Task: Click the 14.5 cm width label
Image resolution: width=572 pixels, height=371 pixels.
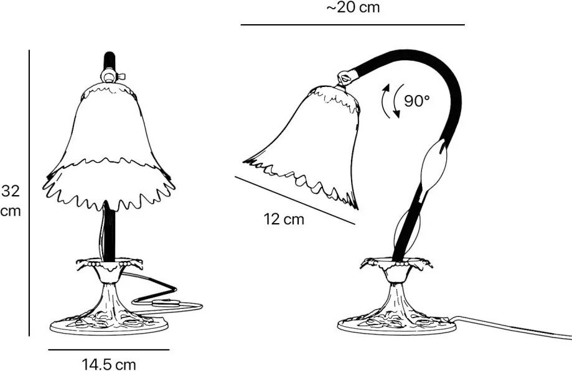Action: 109,364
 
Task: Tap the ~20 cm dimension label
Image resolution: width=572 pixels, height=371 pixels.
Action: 353,8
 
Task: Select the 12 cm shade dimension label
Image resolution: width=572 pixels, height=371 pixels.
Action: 284,219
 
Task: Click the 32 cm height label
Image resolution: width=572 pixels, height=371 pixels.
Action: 11,200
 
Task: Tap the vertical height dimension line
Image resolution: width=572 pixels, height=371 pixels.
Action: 29,193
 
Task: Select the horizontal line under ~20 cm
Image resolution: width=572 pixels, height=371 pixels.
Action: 352,25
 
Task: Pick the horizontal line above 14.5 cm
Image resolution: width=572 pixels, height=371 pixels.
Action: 108,350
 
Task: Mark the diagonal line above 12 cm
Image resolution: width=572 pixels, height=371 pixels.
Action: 294,200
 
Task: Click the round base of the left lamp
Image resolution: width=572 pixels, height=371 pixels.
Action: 109,325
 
